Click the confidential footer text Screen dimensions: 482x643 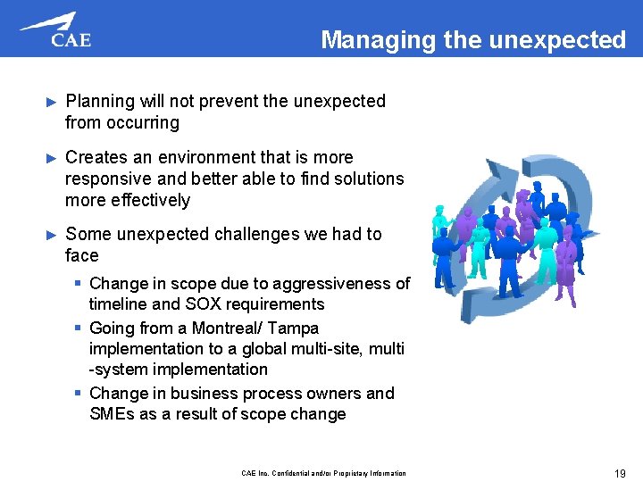[x=324, y=473]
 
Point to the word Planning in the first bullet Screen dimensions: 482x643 [x=98, y=102]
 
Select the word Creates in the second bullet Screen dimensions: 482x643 [x=96, y=157]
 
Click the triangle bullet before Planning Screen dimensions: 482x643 [x=50, y=102]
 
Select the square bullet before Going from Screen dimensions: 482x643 [x=79, y=328]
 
